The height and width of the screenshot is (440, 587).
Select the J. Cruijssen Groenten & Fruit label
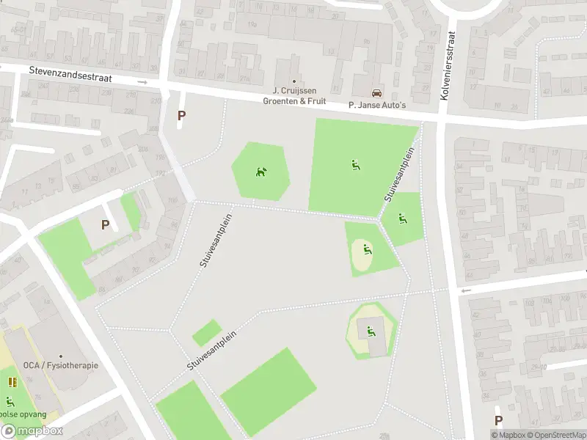[294, 95]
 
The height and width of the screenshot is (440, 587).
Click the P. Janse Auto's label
[377, 105]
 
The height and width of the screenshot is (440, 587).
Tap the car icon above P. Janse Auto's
[377, 93]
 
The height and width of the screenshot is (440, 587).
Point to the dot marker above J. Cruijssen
[294, 81]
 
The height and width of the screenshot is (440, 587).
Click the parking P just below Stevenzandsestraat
[181, 115]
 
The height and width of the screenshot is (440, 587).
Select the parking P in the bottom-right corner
[498, 420]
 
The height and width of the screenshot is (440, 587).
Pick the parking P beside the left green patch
[105, 225]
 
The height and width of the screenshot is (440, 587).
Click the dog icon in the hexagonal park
[260, 172]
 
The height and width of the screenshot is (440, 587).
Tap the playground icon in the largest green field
[355, 165]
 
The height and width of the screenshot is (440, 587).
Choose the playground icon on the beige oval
[367, 249]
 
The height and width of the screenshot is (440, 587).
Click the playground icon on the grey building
[371, 331]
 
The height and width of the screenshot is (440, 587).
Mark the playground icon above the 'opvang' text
[10, 401]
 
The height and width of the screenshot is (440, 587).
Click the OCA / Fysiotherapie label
[60, 365]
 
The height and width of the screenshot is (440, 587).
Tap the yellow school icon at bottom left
[12, 381]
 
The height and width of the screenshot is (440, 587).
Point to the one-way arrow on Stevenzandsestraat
[142, 82]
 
